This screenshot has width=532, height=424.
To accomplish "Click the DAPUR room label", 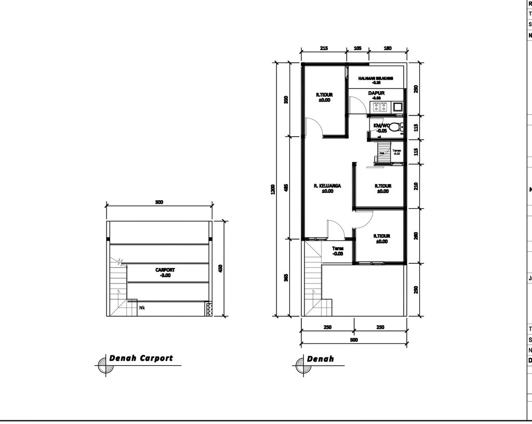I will pos(376,93).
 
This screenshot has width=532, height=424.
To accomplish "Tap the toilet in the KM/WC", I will pos(395,126).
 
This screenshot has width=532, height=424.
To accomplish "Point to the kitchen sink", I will pos(397,107).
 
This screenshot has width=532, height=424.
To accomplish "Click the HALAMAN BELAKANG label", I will pos(376,78).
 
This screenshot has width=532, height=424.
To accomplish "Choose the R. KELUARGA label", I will pos(327,186).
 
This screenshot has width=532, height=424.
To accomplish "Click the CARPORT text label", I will pos(165,271).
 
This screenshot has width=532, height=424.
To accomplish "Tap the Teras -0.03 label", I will pos(338,251).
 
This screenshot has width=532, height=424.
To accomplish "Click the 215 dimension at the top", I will pos(324,48).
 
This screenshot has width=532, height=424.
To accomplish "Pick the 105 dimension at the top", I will pos(357,48).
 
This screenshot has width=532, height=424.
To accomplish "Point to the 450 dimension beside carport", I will pos(221,268).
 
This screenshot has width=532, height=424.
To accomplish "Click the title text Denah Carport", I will pos(141,358).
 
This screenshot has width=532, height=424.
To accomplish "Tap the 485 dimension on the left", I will pos(286,188).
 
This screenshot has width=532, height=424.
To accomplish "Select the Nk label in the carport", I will pos(142,307).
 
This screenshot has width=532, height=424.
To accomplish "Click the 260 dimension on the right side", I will pos(416,236).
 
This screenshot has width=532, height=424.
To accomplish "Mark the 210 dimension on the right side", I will pos(416,186).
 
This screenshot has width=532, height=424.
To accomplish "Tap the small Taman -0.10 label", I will pos(397,152).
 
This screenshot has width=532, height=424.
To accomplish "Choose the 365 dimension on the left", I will pos(286,278).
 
